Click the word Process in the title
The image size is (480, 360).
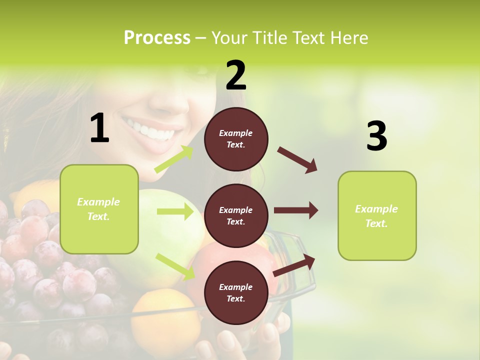(157, 37)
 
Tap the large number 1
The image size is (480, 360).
(99, 128)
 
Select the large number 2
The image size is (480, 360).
(236, 75)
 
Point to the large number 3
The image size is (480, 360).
(376, 136)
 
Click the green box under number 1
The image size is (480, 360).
(99, 209)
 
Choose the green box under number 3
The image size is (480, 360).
(377, 215)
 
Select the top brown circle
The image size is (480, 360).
(236, 139)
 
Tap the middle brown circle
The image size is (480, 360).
(236, 215)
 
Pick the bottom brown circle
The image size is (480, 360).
(236, 292)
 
